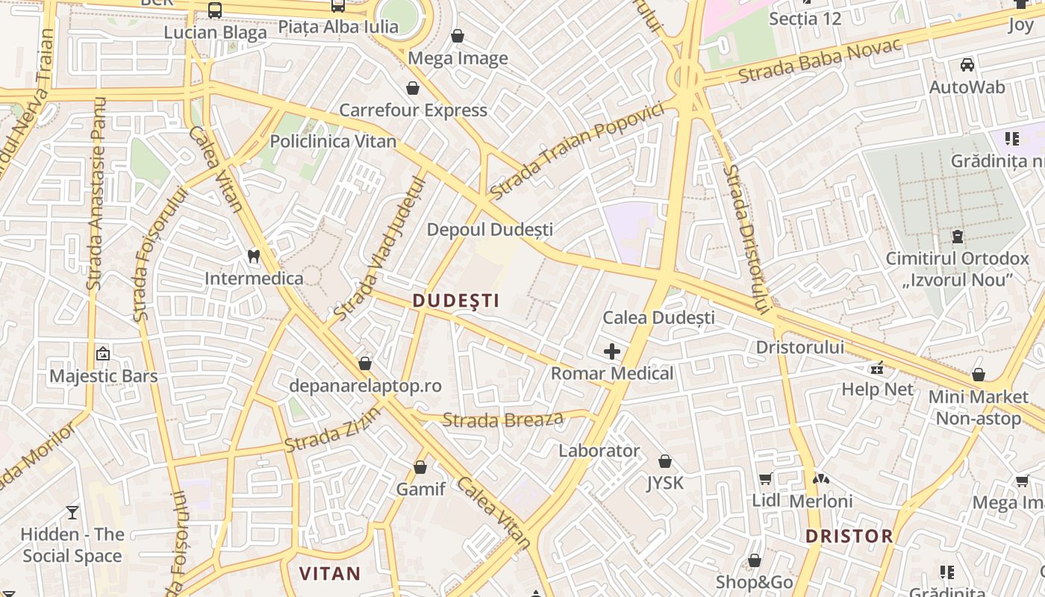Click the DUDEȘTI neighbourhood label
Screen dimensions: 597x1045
click(x=455, y=301)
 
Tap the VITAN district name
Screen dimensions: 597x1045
click(x=330, y=574)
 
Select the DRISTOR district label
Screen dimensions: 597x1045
click(x=849, y=536)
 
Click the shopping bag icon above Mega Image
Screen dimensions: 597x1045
click(x=458, y=36)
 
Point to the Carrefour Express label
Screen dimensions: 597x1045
click(x=413, y=110)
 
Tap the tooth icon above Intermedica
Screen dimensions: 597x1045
click(x=254, y=256)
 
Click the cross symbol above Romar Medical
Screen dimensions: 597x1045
click(x=612, y=351)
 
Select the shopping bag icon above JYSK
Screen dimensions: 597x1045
click(x=665, y=461)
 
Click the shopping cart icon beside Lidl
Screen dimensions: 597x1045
click(x=765, y=478)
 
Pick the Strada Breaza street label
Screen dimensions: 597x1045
click(x=502, y=419)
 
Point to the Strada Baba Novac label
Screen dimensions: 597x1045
click(x=820, y=60)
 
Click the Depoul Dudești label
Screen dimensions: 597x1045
click(x=490, y=230)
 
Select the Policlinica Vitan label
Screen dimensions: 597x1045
click(x=333, y=141)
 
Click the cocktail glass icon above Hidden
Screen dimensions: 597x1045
click(x=72, y=512)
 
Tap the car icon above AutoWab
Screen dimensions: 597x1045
click(x=967, y=65)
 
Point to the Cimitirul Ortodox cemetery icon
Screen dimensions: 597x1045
click(x=957, y=237)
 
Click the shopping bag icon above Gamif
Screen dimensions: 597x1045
click(x=420, y=468)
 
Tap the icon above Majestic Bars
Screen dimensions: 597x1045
click(x=103, y=353)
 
